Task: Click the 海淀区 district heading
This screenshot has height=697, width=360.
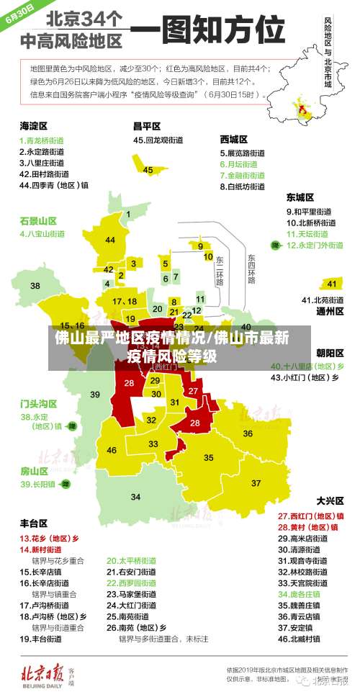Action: pos(33,125)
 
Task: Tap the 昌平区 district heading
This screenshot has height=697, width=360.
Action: pos(146,125)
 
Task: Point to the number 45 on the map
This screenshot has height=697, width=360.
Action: pos(148,170)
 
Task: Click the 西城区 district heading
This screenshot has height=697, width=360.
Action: pos(234,139)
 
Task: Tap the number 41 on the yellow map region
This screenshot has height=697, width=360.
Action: pos(332,283)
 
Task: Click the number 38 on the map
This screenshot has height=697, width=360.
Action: pos(35,286)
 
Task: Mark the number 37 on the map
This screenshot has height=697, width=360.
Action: pos(256,482)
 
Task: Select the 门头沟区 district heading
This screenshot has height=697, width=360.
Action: pos(38,403)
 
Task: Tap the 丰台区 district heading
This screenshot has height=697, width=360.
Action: pos(33,523)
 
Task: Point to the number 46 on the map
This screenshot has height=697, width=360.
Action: pos(112,450)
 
